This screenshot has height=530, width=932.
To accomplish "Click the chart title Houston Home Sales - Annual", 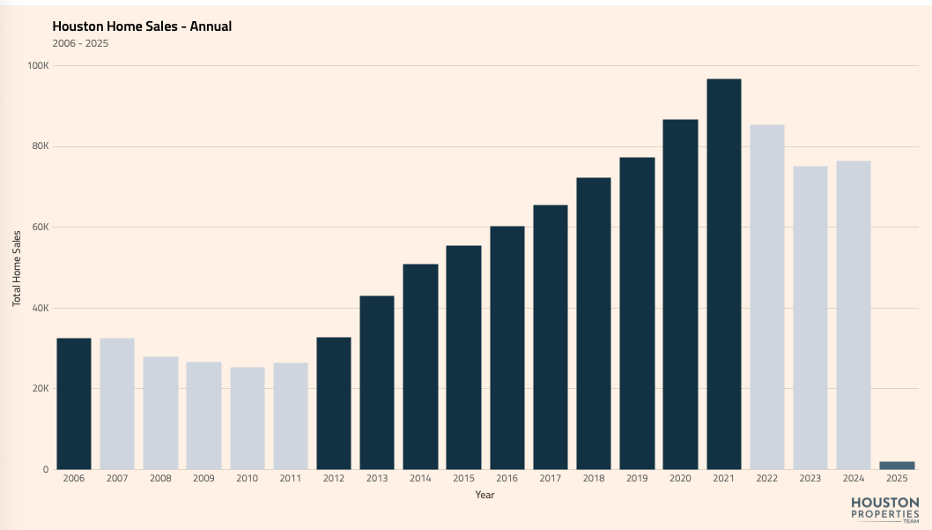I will [142, 26].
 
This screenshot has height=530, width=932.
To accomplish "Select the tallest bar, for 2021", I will [723, 274].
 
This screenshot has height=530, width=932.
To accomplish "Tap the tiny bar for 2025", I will [897, 465].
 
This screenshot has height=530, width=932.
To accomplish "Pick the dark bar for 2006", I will [74, 404].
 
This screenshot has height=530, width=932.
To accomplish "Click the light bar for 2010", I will [248, 418].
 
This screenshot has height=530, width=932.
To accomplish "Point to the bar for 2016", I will [507, 347].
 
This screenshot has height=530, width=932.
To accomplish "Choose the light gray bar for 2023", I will [810, 317].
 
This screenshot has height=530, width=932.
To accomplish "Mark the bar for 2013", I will [377, 382].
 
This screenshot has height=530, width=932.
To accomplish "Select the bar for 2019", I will [637, 313].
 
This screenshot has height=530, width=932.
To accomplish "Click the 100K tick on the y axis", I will [38, 65].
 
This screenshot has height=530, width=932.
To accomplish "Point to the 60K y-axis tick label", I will [40, 227].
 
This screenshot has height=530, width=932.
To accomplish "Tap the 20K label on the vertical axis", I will [40, 389].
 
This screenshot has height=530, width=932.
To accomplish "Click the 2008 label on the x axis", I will [160, 477].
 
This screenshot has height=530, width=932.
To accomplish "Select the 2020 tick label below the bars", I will [680, 477].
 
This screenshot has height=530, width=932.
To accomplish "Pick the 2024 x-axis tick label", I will [854, 477].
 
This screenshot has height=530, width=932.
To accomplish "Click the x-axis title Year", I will [484, 495].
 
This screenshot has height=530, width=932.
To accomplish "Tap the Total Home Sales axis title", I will [17, 267].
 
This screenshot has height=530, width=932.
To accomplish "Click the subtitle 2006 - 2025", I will [80, 43].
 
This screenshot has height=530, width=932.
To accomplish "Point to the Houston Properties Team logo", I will [884, 510].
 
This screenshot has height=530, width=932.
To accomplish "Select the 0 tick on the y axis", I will [45, 469].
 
